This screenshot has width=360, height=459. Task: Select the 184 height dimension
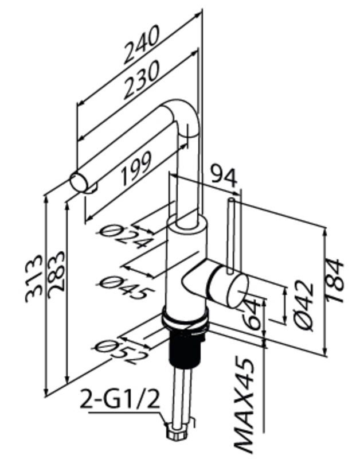(335, 281)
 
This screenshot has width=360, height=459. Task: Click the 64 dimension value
(252, 313)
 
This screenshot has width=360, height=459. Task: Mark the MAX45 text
(246, 405)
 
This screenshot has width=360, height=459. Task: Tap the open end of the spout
(77, 182)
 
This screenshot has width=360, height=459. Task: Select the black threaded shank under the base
(187, 350)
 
